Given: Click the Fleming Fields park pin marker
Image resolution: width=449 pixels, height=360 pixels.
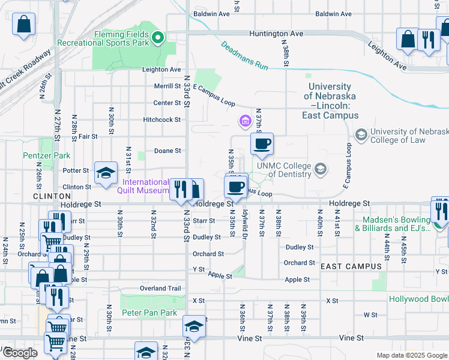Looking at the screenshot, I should [x=158, y=38].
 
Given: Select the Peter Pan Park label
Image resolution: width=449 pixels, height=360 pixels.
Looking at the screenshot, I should [x=149, y=313].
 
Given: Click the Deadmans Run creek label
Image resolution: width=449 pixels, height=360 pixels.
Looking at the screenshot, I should [x=244, y=55].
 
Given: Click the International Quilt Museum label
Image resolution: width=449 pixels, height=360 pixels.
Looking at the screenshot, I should [x=146, y=186].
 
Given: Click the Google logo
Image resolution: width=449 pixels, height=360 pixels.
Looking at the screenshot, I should [x=20, y=353].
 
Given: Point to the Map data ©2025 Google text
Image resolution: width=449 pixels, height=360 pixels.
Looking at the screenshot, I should [x=411, y=355].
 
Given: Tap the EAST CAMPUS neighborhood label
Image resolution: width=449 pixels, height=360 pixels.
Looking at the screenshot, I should [x=351, y=266].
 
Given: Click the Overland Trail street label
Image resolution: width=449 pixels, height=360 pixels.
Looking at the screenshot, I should [x=160, y=288].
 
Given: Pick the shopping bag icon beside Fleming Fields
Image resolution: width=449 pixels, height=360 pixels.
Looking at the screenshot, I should [x=23, y=25].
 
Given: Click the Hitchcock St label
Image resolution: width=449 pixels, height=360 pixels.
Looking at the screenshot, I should [x=161, y=119].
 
